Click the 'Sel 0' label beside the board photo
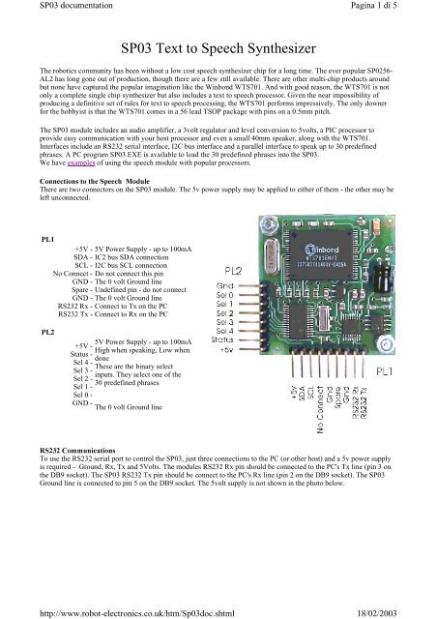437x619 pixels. [223, 296]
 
